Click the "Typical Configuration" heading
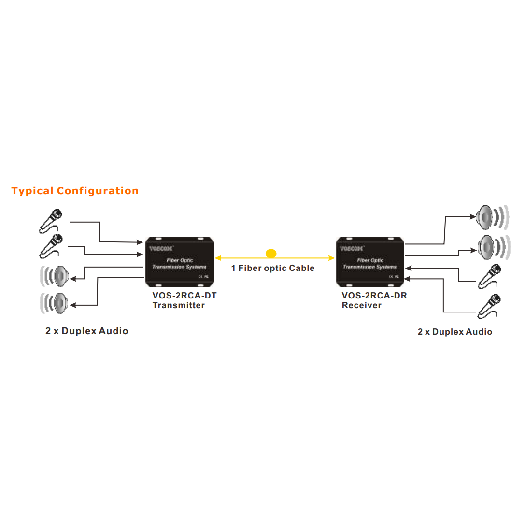pos(75,191)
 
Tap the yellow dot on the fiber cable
pos(271,253)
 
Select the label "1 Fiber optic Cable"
pos(273,268)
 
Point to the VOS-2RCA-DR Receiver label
pos(374,300)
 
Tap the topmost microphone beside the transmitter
pos(51,220)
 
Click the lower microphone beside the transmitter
pos(51,245)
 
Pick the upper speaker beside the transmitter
pos(57,276)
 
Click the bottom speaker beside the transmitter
pos(57,303)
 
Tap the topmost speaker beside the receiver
pos(490,218)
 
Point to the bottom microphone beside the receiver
pos(490,306)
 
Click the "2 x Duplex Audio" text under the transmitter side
pos(87,331)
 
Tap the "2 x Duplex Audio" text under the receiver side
pos(455,332)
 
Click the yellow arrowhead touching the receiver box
pos(331,258)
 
